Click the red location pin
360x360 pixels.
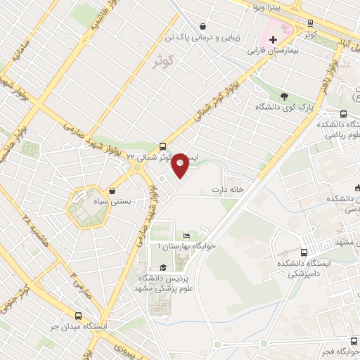coord(181,165)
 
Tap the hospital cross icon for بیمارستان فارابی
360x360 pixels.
coord(273,38)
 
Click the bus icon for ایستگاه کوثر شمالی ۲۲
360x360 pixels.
coord(163,147)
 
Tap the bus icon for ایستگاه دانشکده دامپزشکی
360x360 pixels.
coord(304,252)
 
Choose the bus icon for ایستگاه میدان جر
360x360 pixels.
coord(78,316)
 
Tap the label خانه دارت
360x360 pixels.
coord(228,191)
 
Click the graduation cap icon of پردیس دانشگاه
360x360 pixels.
coord(164,267)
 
